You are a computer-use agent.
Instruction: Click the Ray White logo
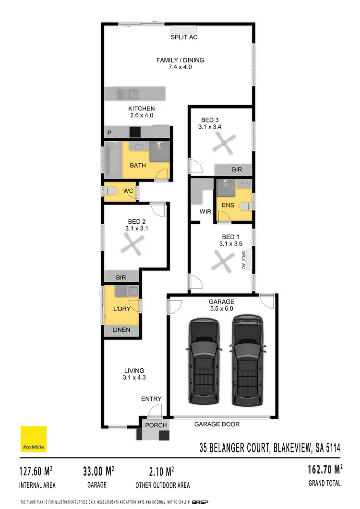(33, 439)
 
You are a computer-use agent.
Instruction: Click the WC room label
(128, 191)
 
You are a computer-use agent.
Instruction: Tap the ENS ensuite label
(228, 206)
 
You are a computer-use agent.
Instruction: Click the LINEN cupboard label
(121, 330)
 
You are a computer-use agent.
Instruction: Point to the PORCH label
(156, 425)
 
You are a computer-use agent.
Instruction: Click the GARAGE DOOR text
(217, 424)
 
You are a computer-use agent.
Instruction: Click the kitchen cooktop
(135, 132)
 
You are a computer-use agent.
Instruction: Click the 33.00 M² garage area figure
(99, 471)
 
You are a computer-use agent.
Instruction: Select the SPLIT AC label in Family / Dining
(184, 37)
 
